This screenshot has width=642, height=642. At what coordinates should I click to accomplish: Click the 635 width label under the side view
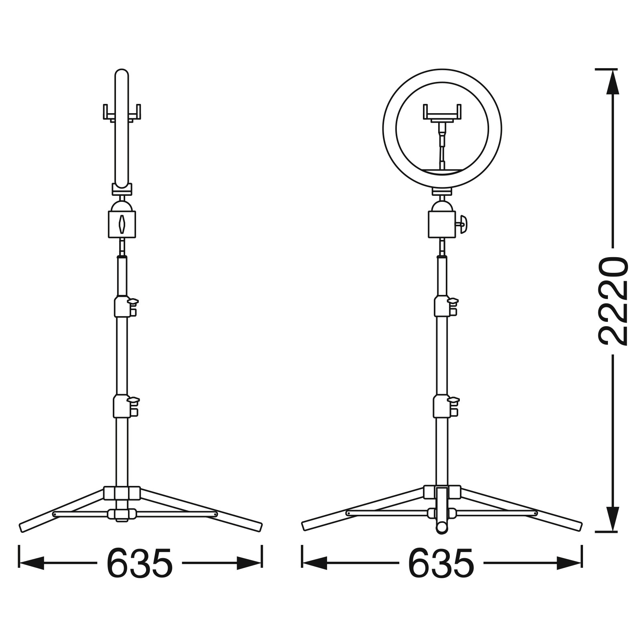click(x=140, y=563)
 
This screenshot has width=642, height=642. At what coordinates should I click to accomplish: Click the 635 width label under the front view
click(x=441, y=563)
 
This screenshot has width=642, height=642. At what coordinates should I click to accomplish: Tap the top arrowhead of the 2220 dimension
click(x=612, y=82)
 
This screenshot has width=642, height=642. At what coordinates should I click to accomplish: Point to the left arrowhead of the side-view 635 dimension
click(x=32, y=563)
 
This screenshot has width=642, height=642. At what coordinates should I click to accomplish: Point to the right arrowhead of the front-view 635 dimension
click(x=569, y=563)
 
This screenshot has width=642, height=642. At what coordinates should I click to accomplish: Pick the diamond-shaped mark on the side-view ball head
click(x=122, y=224)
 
